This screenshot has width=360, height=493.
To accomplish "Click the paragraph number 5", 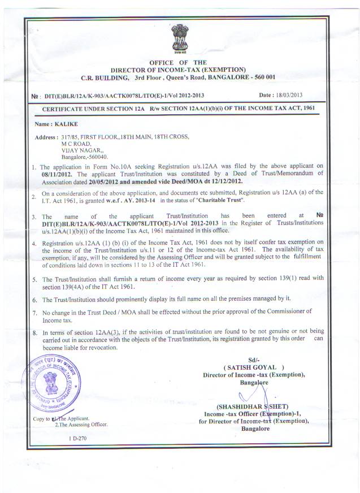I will click(x=34, y=279).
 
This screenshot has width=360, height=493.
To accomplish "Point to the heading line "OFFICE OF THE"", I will click(x=177, y=62).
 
